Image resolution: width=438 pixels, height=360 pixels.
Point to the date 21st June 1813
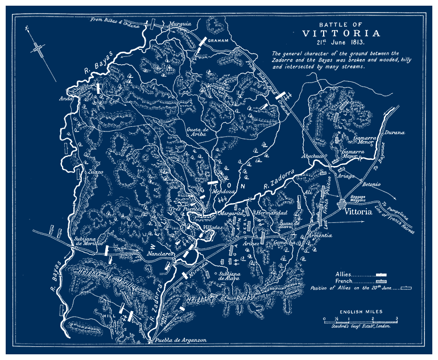[x=340, y=42]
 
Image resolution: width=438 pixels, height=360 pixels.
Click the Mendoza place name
[x=224, y=192]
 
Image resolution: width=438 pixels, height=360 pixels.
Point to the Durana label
[x=394, y=133]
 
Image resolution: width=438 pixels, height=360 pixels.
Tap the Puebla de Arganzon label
[x=180, y=340]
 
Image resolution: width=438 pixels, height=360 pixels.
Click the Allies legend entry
[x=344, y=274]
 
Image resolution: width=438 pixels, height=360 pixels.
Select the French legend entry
[x=345, y=281]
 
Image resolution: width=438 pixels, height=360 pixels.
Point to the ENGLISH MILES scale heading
[x=361, y=312]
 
